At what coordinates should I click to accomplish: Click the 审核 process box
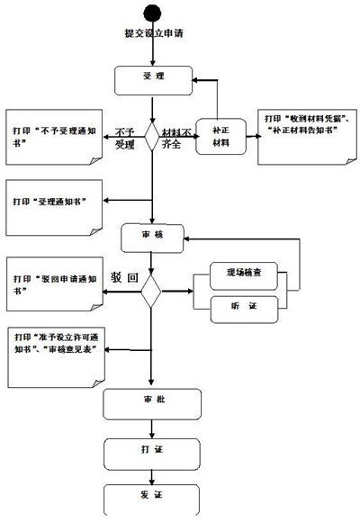point(152,237)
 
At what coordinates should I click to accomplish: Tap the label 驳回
point(123,278)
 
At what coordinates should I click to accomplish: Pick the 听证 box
point(243,308)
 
